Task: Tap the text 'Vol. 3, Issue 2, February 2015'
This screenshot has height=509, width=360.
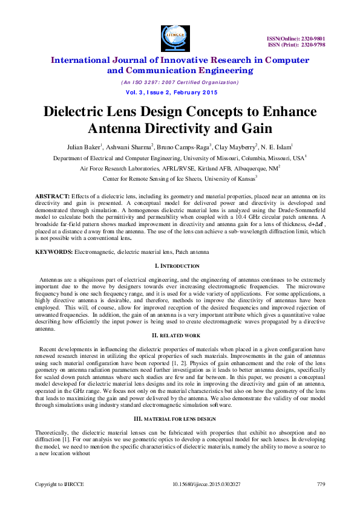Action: coord(171,92)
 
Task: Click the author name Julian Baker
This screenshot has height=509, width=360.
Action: coord(84,146)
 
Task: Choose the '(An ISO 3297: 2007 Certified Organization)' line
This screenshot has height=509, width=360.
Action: coord(179,82)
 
